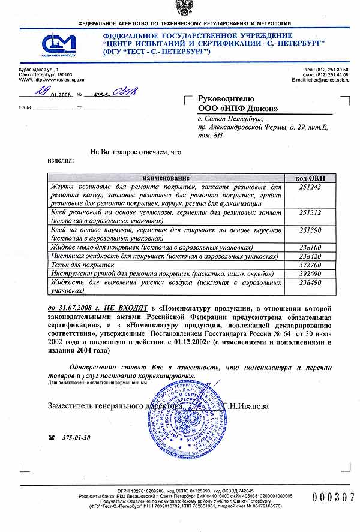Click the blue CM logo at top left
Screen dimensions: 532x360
(x=59, y=43)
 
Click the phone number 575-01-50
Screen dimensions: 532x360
(x=76, y=438)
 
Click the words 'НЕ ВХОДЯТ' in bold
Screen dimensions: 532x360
(x=128, y=308)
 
